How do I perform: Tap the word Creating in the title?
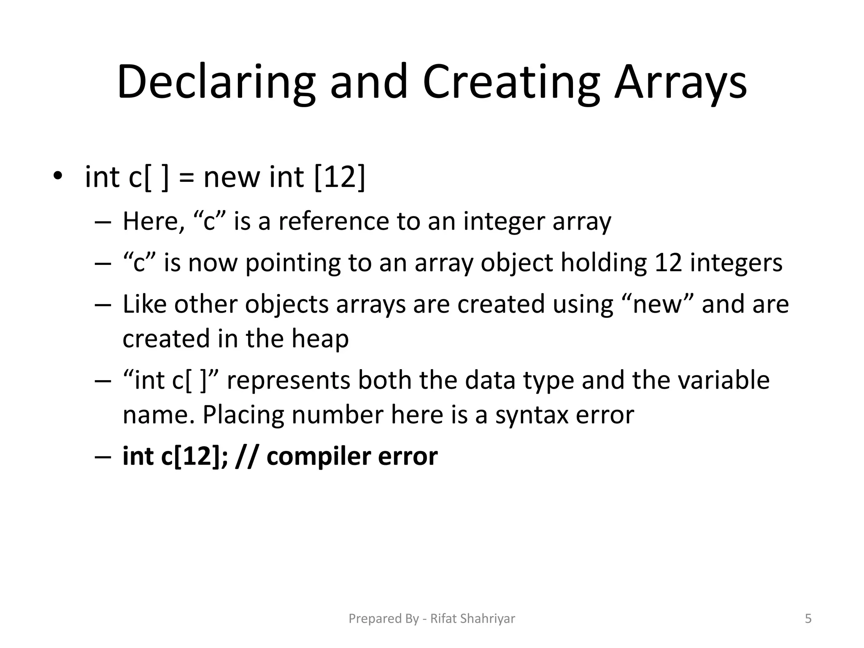click(x=511, y=82)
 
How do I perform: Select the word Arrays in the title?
click(x=680, y=82)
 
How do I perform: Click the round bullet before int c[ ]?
click(x=57, y=176)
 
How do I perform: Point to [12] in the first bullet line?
click(x=340, y=177)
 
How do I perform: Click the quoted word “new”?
click(x=658, y=304)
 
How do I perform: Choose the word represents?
click(x=289, y=381)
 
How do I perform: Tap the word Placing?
click(x=243, y=415)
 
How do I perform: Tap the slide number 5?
click(x=808, y=618)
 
